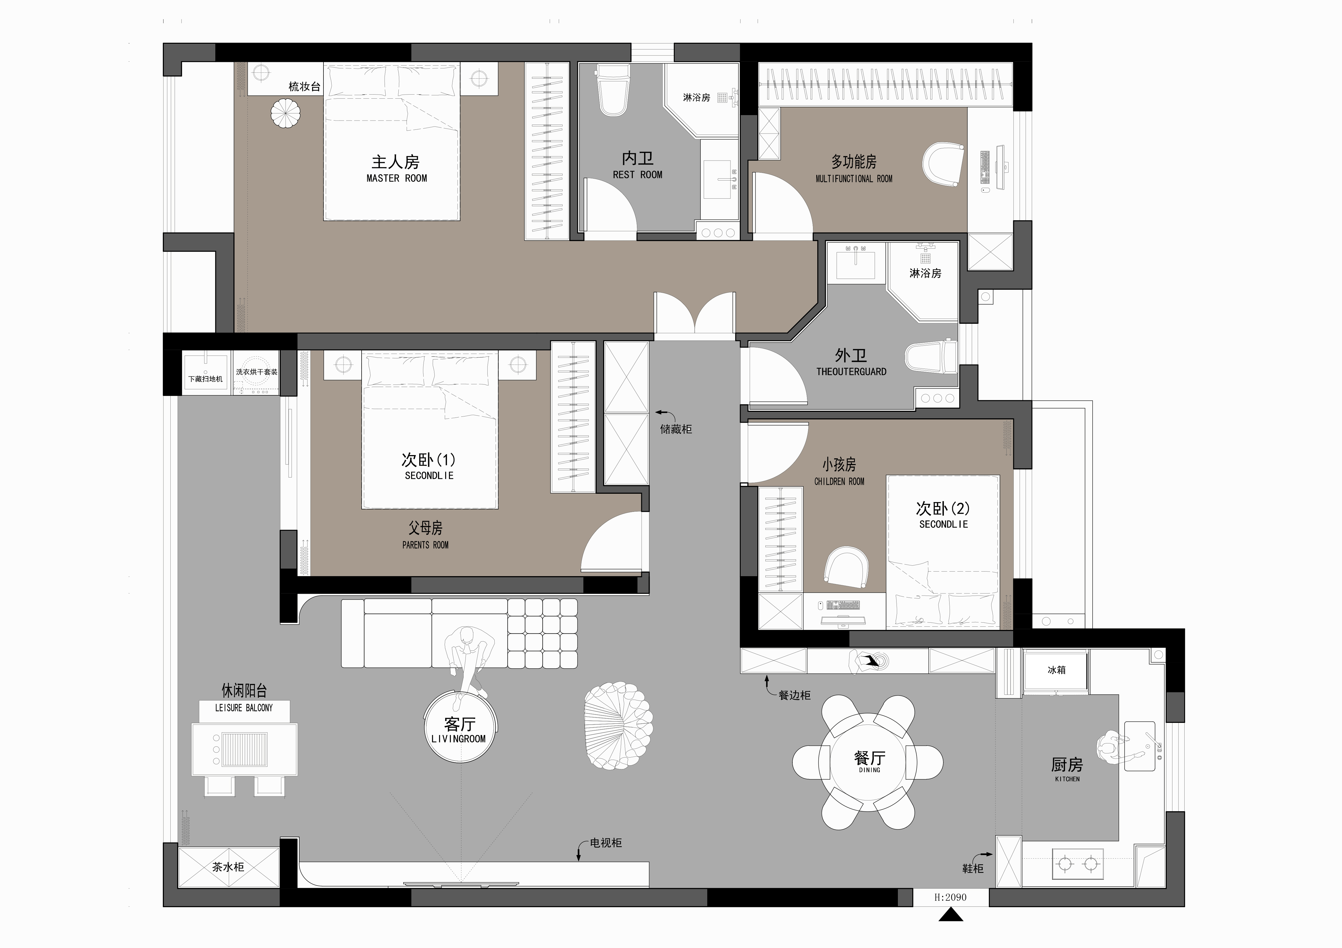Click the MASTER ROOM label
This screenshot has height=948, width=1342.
pos(397,178)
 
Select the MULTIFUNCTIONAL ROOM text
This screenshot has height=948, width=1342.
pos(854,179)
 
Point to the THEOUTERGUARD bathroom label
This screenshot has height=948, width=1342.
pos(851,372)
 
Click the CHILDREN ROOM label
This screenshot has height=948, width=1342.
pos(839,481)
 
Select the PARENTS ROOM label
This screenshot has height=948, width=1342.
pos(425,545)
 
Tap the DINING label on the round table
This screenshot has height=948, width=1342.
pos(870,770)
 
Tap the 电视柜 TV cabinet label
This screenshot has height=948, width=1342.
pos(606,843)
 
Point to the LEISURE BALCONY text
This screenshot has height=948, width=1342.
pos(244,707)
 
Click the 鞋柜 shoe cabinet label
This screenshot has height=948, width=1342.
pos(973,869)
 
